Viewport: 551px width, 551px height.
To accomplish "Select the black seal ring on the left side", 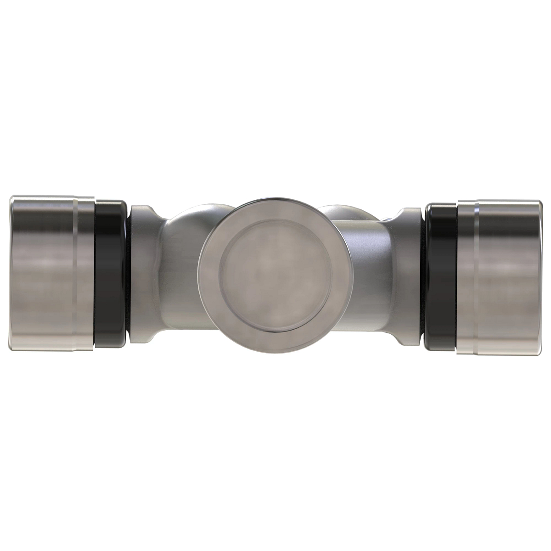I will tap(110, 275).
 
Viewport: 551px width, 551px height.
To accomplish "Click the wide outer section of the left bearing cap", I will tap(41, 275).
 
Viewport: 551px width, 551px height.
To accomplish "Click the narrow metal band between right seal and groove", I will tap(467, 275).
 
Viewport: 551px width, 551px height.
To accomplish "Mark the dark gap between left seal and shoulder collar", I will tap(128, 275).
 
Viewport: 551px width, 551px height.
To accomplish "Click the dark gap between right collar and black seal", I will tap(423, 275).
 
